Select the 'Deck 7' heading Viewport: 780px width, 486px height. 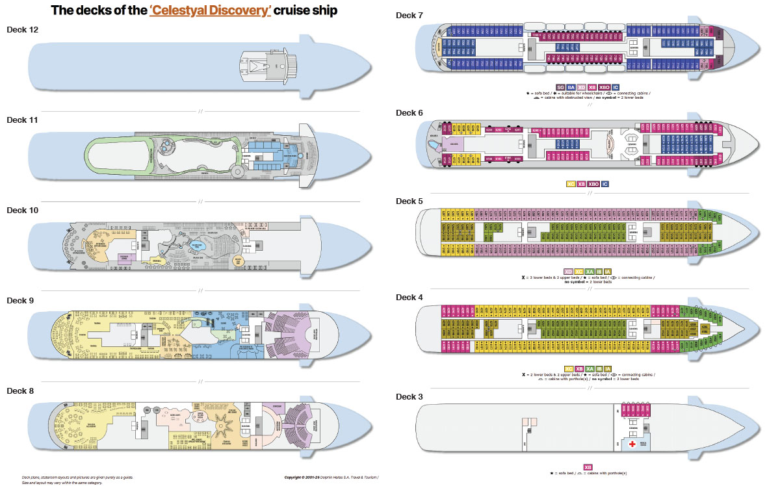tap(409, 14)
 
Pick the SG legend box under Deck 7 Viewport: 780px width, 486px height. tap(560, 87)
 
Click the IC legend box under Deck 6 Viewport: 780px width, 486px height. tap(605, 184)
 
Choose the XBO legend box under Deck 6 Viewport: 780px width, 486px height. tap(594, 184)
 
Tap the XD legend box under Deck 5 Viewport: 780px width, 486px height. tap(568, 272)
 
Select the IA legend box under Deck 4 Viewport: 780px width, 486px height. tap(607, 369)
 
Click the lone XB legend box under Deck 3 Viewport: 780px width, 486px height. tap(588, 467)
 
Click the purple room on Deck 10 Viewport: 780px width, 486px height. tap(127, 258)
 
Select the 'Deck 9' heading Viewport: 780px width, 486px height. tap(20, 300)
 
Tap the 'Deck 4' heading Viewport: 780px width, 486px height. tap(409, 297)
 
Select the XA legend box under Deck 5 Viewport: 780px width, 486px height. tap(589, 272)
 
